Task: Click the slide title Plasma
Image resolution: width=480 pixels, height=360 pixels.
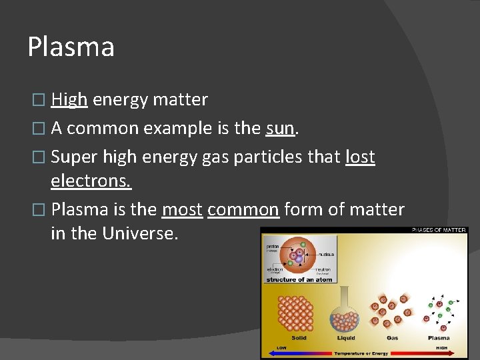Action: [x=71, y=47]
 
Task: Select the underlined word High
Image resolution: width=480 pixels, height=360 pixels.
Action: [x=69, y=100]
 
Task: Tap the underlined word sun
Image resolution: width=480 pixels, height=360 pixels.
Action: [x=279, y=129]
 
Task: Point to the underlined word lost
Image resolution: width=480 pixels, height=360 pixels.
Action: [x=360, y=157]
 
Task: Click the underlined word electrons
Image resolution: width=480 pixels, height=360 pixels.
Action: [x=91, y=181]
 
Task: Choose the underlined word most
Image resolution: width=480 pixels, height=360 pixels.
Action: [x=182, y=210]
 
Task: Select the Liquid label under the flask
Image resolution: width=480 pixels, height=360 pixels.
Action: [x=345, y=338]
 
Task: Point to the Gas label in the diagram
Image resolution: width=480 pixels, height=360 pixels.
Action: [x=392, y=338]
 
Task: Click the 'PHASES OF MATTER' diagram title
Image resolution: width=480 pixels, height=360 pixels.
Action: [x=439, y=231]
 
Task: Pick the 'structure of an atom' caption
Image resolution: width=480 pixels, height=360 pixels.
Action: [x=299, y=279]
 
